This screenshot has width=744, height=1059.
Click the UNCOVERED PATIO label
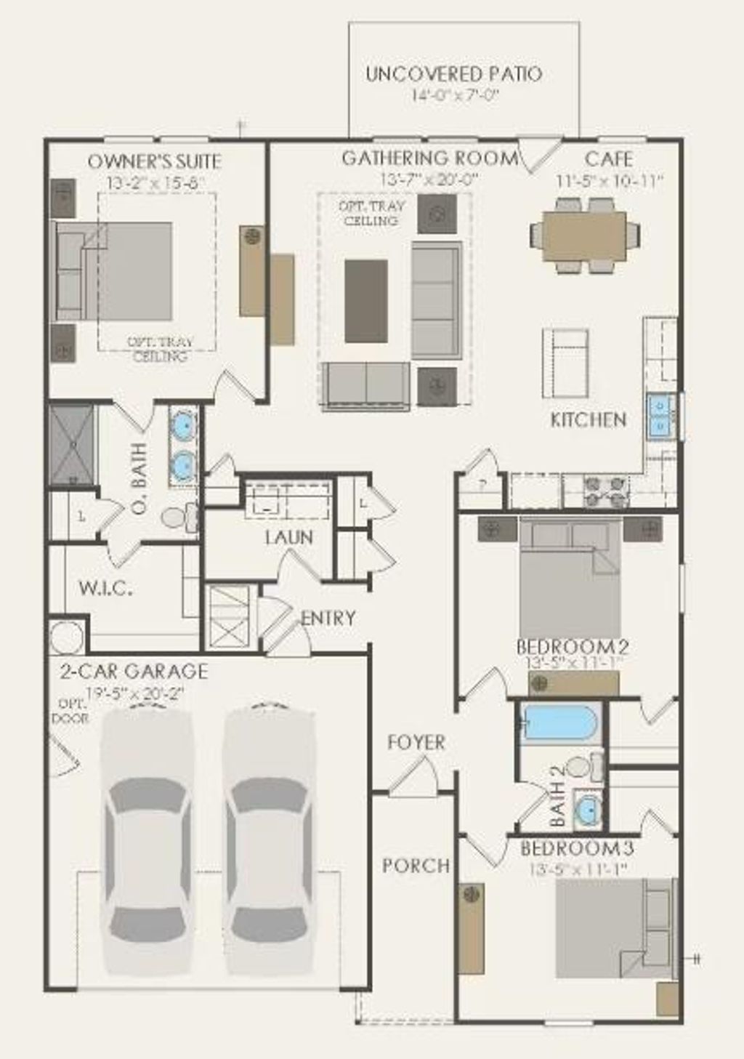[x=453, y=73]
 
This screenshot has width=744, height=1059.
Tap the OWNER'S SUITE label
[x=154, y=161]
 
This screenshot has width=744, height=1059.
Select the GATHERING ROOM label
[x=430, y=158]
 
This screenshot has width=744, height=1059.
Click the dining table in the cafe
[x=585, y=235]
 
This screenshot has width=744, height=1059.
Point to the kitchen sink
[x=660, y=416]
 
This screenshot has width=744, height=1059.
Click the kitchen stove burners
[x=606, y=491]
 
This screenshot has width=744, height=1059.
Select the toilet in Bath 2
[x=583, y=767]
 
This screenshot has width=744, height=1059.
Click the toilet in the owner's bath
[x=177, y=517]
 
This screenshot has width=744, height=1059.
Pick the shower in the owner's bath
[x=72, y=444]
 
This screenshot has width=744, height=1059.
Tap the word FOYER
[x=416, y=742]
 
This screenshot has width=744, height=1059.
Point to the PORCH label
[x=416, y=866]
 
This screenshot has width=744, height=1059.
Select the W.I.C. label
[x=105, y=588]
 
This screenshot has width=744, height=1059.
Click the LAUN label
[x=288, y=537]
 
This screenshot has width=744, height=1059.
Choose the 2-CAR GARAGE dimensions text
[x=134, y=693]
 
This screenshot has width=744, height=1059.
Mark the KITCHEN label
[x=588, y=419]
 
